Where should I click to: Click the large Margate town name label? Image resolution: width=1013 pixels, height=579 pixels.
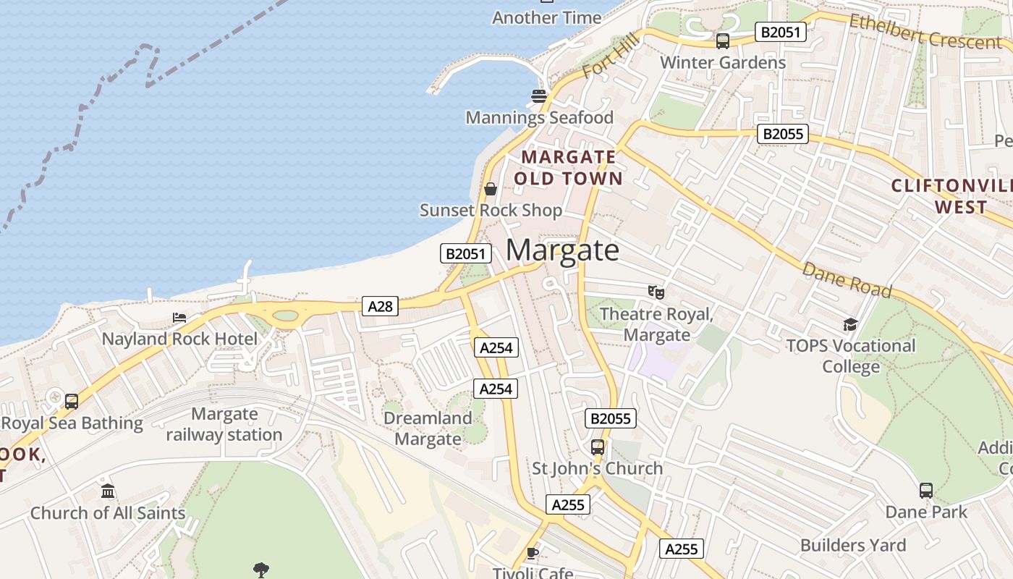click(562, 250)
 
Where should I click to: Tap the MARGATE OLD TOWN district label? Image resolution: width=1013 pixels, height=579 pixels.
click(568, 167)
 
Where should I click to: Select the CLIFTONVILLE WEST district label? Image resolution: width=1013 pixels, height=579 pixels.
click(951, 196)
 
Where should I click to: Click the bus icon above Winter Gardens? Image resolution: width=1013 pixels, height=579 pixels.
click(722, 41)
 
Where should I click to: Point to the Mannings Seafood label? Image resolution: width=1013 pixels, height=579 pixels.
click(539, 117)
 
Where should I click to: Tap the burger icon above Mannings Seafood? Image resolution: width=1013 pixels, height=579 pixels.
click(538, 96)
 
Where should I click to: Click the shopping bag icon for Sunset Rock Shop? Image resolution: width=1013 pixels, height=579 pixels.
click(491, 190)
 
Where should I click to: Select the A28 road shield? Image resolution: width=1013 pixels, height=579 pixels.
click(380, 306)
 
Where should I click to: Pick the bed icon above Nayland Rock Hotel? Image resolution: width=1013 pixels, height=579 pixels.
click(179, 318)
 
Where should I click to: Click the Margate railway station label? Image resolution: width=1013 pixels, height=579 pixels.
click(224, 424)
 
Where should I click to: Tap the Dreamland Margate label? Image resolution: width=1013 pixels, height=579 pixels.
click(428, 428)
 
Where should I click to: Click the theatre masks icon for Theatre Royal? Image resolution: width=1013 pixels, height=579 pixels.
click(656, 292)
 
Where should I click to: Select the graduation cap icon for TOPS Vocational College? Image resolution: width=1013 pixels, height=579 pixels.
click(850, 325)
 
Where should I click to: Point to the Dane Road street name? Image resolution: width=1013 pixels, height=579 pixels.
click(847, 279)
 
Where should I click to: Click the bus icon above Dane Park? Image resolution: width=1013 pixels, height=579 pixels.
click(926, 491)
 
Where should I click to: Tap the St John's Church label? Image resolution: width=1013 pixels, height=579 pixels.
click(598, 468)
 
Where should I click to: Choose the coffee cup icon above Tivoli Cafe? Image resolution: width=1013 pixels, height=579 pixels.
click(533, 554)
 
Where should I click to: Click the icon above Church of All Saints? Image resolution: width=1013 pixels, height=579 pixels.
click(108, 492)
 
